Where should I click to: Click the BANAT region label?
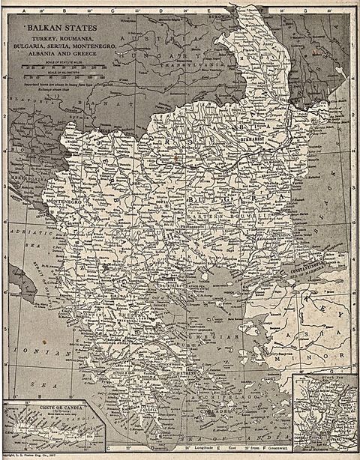(112, 112)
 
